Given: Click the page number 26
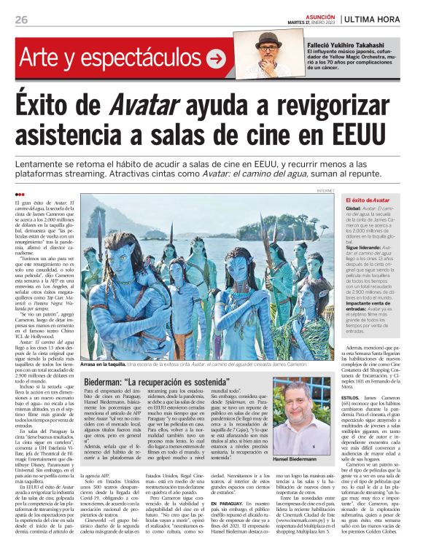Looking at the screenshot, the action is point(21,19).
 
